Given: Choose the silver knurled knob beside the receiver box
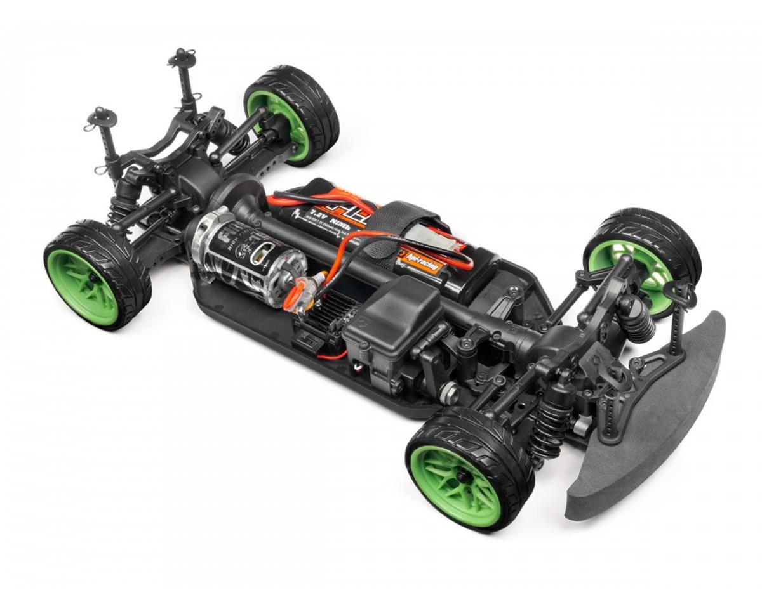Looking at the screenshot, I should tap(449, 393).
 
